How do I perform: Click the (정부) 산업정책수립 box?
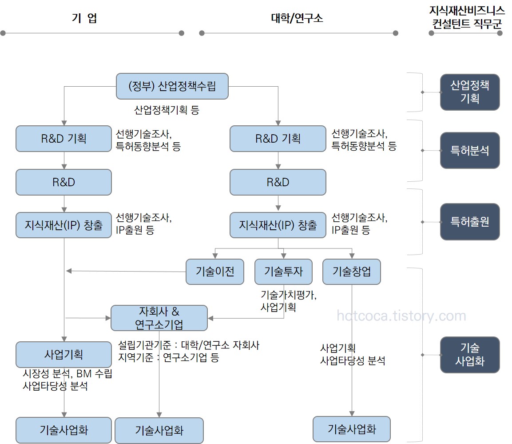pos(172,86)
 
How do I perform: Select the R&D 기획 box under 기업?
pos(64,139)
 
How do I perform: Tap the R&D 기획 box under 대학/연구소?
pos(278,139)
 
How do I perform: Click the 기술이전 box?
pos(215,272)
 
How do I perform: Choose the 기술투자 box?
pos(283,272)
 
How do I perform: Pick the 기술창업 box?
pos(352,272)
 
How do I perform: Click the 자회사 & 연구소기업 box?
pos(159,318)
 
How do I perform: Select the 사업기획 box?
pos(64,355)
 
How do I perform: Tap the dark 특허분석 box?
pos(470,150)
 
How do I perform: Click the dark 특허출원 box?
pos(470,221)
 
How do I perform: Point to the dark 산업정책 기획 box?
pos(470,92)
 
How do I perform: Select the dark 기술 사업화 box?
pos(470,354)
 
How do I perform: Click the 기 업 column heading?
pos(84,18)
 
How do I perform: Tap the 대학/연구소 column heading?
pos(297,18)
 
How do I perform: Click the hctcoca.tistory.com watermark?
pos(401,316)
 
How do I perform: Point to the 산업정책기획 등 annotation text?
pos(167,110)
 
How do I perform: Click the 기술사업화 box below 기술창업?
pos(352,429)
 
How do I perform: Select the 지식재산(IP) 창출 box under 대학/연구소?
pos(278,225)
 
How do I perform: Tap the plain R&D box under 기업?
pos(64,182)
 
